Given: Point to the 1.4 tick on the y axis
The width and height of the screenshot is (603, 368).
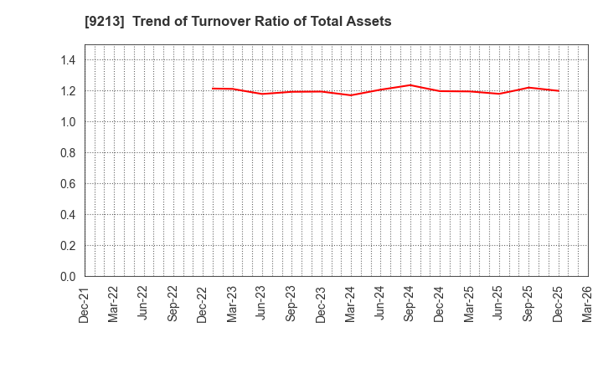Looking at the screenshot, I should point(68,60).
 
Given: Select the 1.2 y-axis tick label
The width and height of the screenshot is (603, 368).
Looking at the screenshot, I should point(68,91).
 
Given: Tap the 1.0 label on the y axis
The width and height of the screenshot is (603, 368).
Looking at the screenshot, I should point(68,122).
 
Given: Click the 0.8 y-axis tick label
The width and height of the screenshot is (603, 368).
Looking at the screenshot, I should point(68,153).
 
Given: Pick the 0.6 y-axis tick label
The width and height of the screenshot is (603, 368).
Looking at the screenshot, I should point(68,184).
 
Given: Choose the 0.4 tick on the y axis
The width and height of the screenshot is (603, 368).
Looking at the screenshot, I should point(68,215).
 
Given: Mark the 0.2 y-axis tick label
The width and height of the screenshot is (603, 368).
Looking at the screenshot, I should point(68,246).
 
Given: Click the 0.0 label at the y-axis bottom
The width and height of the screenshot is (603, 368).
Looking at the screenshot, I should point(68,277).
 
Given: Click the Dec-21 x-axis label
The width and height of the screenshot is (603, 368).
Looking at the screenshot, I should point(85,304).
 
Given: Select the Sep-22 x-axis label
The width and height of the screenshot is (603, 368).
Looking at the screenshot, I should point(173,304).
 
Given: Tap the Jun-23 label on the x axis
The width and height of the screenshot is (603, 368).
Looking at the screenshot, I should point(262,304).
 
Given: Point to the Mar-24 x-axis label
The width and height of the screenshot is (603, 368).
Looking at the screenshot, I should point(351,304).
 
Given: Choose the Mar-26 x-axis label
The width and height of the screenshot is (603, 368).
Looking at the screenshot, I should point(587,304).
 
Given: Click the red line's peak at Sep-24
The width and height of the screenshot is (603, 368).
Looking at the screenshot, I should point(410,85).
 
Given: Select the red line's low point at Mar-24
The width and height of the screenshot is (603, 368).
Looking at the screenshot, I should point(351,95).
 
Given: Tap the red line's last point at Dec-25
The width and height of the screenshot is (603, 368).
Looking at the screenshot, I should point(558,90).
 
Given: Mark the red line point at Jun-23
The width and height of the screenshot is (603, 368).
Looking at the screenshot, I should point(262,94).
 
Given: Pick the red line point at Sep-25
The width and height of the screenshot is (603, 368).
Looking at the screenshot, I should point(528,88).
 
